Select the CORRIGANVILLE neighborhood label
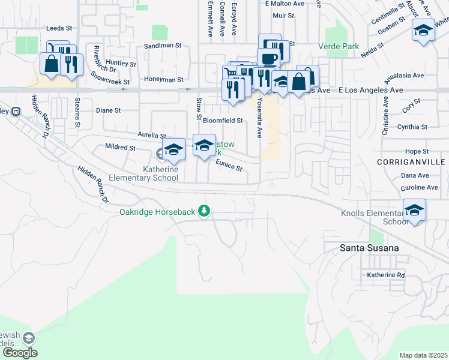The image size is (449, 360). click(x=411, y=163)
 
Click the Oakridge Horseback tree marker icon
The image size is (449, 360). click(x=205, y=211)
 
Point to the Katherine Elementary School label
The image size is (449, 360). click(x=160, y=174)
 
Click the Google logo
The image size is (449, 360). click(x=19, y=352)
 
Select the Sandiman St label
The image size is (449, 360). click(x=162, y=46)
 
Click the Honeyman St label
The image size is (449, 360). click(x=163, y=79)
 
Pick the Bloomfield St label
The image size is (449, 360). click(x=222, y=121)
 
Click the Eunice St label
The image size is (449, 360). click(x=229, y=166)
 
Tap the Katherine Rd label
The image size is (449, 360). click(x=387, y=275)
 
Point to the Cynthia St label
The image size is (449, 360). click(x=412, y=127)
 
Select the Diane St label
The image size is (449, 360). click(x=109, y=110)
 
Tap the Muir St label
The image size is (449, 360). click(x=283, y=16)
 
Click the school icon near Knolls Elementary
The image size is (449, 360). click(x=414, y=211)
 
